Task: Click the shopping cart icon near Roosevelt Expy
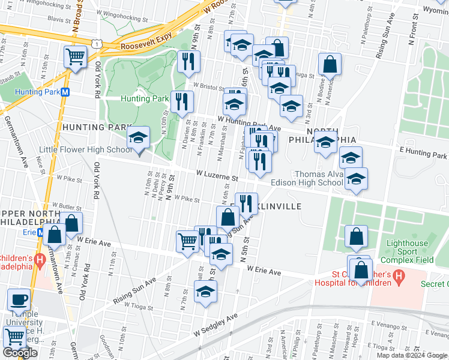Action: (x=75, y=57)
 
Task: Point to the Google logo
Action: (x=20, y=353)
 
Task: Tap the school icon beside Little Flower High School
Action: (x=138, y=140)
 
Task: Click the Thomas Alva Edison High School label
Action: (x=307, y=178)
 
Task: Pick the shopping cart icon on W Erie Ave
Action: (x=187, y=241)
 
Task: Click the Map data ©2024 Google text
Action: (x=411, y=355)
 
